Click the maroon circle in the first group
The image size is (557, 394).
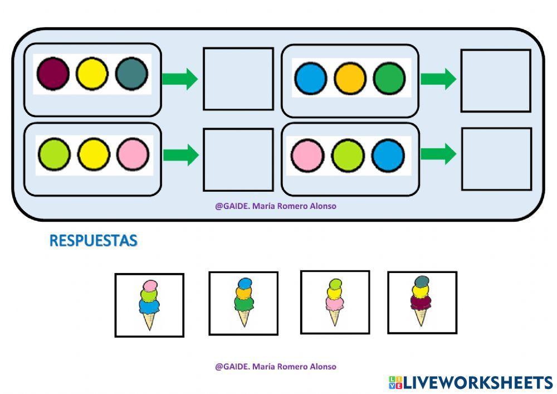coord(53,74)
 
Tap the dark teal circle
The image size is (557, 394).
coord(132,74)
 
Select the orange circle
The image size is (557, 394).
coord(350,79)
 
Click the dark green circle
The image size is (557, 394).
coord(389,79)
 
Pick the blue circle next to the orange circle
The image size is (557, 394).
coord(310,79)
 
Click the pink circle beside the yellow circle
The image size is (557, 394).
coord(133,154)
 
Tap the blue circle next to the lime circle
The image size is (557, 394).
coord(388,155)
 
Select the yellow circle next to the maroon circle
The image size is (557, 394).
coord(92,74)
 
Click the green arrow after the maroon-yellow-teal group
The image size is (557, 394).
coord(179,79)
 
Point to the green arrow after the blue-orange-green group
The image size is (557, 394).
coord(438,79)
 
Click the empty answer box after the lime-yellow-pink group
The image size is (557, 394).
coord(238,159)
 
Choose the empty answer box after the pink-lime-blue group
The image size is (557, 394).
coord(496,159)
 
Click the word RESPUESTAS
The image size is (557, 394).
coord(93,241)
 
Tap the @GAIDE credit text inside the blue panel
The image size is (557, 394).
coord(276,206)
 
